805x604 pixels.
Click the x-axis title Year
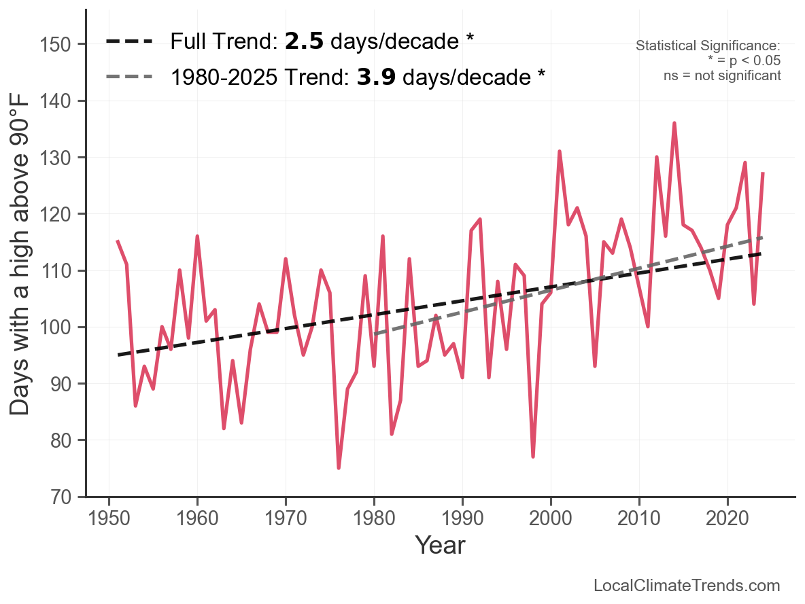click(x=440, y=545)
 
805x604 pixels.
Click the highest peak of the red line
click(x=674, y=123)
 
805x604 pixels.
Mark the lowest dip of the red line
click(x=339, y=468)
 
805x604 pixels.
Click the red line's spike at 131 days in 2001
click(x=559, y=152)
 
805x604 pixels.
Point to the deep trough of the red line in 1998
click(x=533, y=457)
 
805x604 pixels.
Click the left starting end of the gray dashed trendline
click(x=375, y=334)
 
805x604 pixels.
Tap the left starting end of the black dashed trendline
click(x=118, y=355)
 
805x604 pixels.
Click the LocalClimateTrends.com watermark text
click(x=687, y=586)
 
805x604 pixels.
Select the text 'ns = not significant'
click(x=722, y=75)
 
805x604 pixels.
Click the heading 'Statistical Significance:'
click(x=708, y=46)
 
